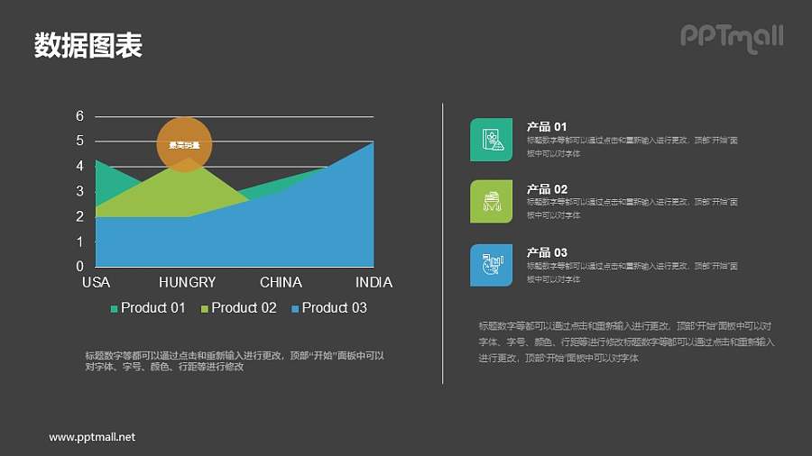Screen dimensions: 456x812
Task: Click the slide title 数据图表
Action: pos(88,45)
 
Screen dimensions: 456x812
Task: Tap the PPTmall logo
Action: pos(731,37)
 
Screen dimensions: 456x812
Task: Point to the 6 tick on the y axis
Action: pos(80,116)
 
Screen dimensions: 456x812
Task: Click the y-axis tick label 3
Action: pos(80,191)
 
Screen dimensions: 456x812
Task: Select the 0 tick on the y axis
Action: pos(80,267)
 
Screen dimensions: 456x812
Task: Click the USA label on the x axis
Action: pos(96,282)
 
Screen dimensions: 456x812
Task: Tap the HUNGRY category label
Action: pos(188,282)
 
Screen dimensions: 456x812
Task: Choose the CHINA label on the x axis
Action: pos(281,282)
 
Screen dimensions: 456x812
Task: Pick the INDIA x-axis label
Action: pos(374,282)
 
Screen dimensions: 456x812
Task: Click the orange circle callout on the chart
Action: pos(184,144)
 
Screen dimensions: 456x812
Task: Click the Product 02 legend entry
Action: pos(238,308)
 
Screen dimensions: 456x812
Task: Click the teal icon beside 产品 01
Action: pos(491,140)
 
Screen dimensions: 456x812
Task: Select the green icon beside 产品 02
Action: pos(491,202)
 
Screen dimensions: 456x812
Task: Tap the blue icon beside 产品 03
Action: pos(491,265)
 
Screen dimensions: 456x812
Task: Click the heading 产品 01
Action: pos(547,127)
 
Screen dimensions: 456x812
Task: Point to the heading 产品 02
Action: pos(547,189)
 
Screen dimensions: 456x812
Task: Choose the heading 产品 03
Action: pos(547,252)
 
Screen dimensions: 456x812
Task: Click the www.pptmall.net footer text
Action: pos(92,437)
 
